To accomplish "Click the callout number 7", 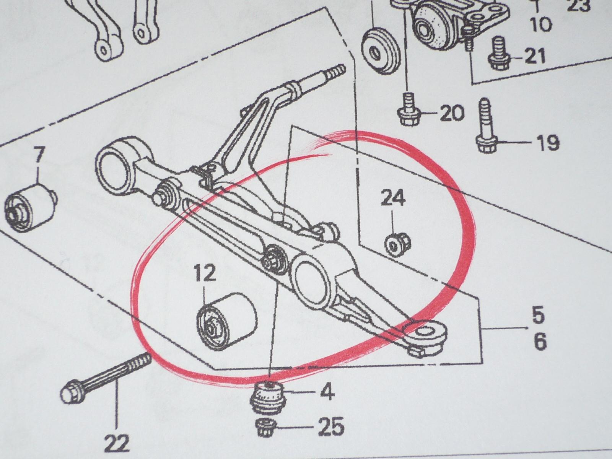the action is coord(39,155).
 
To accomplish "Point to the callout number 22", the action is coord(117,443).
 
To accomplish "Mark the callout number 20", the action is coord(452,113).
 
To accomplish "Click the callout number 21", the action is coord(534,56).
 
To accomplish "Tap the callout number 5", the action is coord(538,314).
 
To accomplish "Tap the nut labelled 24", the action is coord(397,246).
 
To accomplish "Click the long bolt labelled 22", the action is coord(106,377).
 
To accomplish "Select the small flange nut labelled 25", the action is coord(266,427).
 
